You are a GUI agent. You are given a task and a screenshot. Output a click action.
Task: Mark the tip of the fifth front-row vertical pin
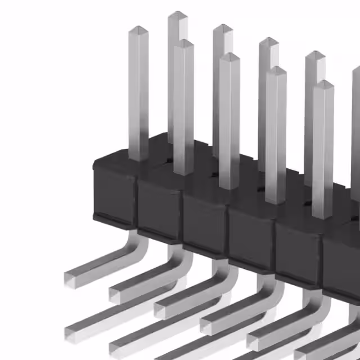pyautogui.click(x=323, y=85)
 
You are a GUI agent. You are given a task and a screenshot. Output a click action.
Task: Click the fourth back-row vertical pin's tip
pyautogui.click(x=315, y=55)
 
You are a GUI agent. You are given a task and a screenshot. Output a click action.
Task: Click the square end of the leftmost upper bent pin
pyautogui.click(x=71, y=278)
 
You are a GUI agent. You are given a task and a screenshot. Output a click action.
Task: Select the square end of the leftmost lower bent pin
pyautogui.click(x=73, y=331)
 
